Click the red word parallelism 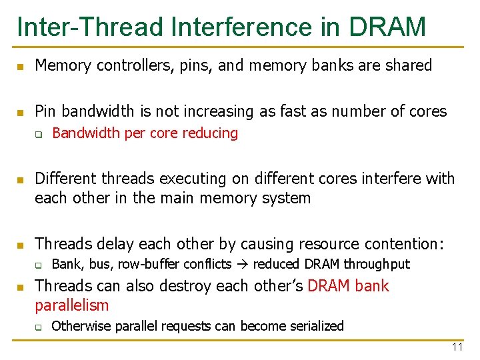click(71, 306)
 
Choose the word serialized click(312, 327)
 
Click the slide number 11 click(457, 347)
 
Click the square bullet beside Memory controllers click(20, 67)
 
